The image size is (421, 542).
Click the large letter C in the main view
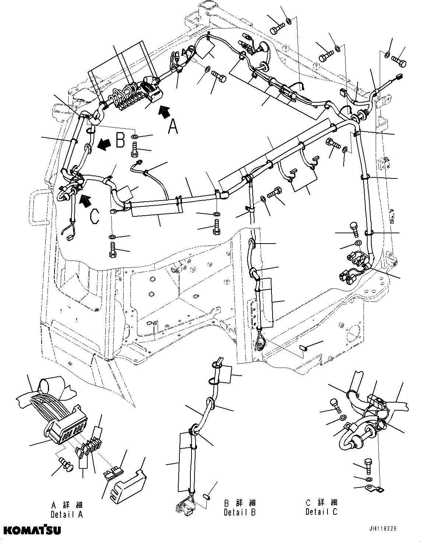pyautogui.click(x=94, y=216)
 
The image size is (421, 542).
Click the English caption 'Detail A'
pyautogui.click(x=67, y=514)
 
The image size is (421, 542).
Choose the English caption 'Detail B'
pyautogui.click(x=239, y=512)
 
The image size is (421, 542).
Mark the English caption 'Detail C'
pyautogui.click(x=321, y=511)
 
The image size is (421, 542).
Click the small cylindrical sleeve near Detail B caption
pyautogui.click(x=207, y=497)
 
